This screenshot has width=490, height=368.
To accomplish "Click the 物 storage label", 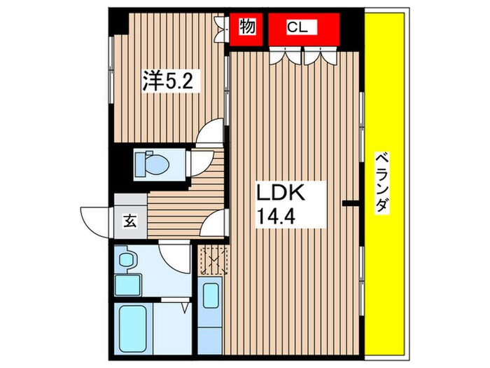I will [x=246, y=27].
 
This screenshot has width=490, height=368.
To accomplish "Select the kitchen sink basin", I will [x=210, y=294].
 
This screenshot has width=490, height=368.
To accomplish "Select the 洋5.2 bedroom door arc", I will [x=211, y=133].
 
